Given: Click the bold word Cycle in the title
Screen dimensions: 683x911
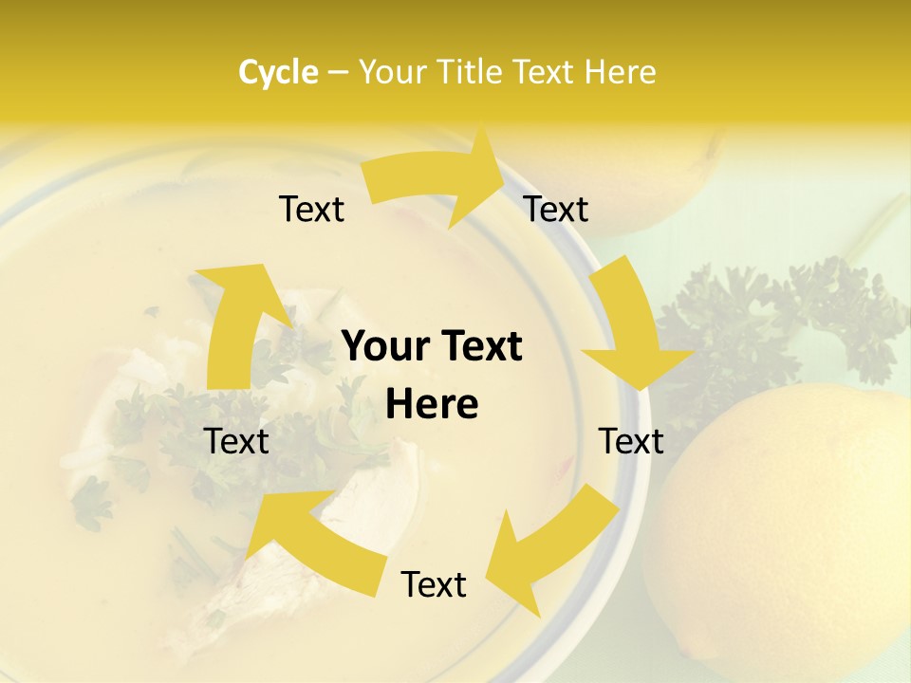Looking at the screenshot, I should [x=278, y=72].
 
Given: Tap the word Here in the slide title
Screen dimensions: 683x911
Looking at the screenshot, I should [x=621, y=72].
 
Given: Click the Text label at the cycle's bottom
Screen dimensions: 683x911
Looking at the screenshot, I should [x=434, y=584].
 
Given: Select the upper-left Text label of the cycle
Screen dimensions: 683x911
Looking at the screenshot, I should [x=311, y=209].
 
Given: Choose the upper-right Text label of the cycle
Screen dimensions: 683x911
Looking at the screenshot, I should [x=556, y=209].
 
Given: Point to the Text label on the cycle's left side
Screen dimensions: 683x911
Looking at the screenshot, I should [x=236, y=441].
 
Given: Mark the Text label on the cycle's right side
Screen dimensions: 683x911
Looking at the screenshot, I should [x=631, y=441].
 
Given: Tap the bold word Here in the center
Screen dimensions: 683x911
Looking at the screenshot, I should [x=432, y=405].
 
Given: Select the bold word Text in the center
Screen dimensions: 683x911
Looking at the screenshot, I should [x=479, y=346].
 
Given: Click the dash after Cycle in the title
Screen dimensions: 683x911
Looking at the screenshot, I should [x=338, y=73].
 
